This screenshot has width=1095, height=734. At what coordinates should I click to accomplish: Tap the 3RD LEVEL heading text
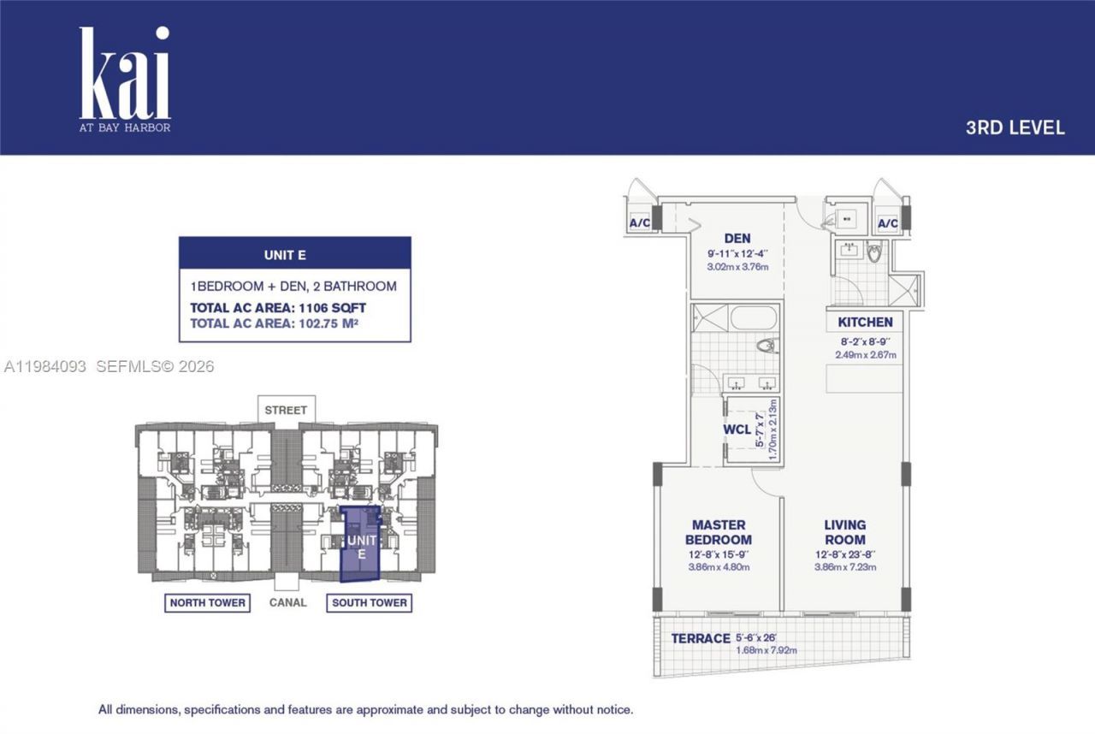point(1015,128)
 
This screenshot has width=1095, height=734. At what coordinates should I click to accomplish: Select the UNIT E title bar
point(294,255)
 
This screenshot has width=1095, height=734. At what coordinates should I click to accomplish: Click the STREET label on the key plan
point(286,410)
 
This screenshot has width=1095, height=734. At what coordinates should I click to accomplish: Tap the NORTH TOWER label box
point(207,603)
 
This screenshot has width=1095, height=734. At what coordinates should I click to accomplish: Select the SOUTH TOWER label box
point(369,603)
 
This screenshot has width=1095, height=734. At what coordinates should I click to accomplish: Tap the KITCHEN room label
point(865,323)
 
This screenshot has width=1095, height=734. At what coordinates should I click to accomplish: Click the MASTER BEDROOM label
point(719,532)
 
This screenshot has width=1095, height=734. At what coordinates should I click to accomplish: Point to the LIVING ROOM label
point(844,532)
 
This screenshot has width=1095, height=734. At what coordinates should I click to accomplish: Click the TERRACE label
point(700,638)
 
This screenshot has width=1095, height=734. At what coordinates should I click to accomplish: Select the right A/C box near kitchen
point(888,224)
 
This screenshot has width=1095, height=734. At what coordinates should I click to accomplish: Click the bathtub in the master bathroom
point(754,318)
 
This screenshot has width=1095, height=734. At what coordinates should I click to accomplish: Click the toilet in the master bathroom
point(767,346)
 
